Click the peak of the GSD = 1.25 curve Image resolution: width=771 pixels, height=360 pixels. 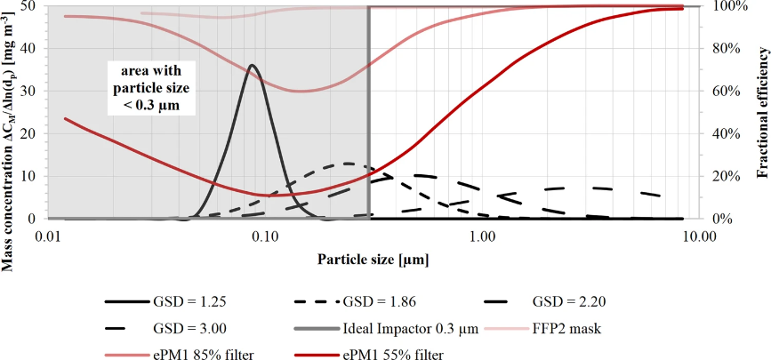pyautogui.click(x=253, y=65)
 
